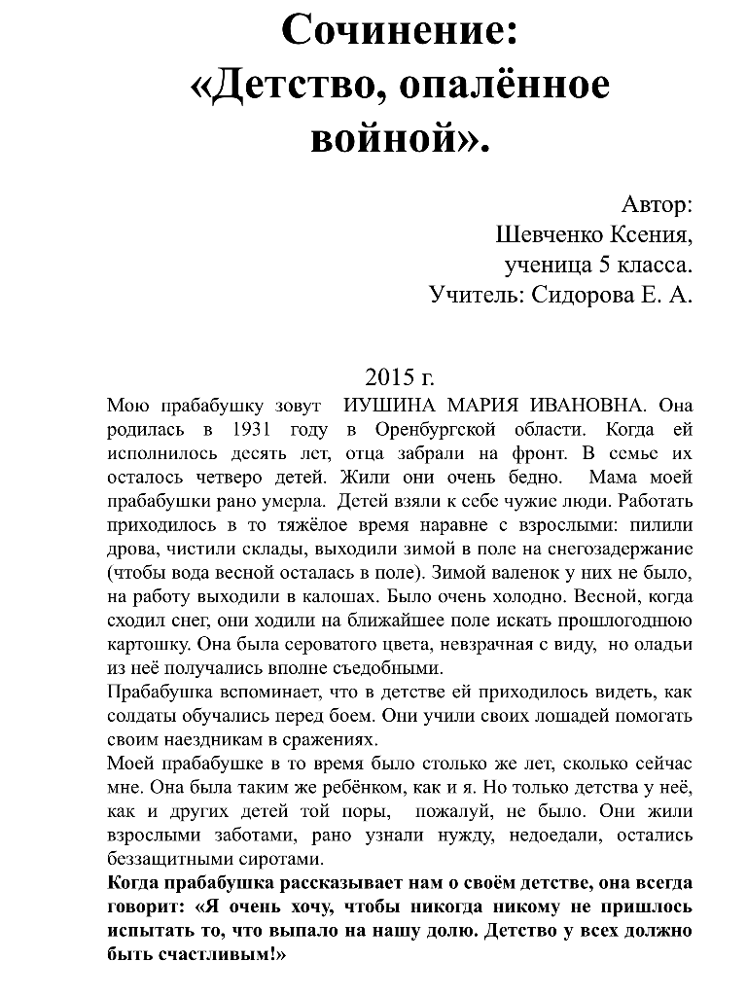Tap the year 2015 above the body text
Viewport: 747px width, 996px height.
click(386, 376)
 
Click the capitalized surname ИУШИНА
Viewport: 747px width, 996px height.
click(391, 405)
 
